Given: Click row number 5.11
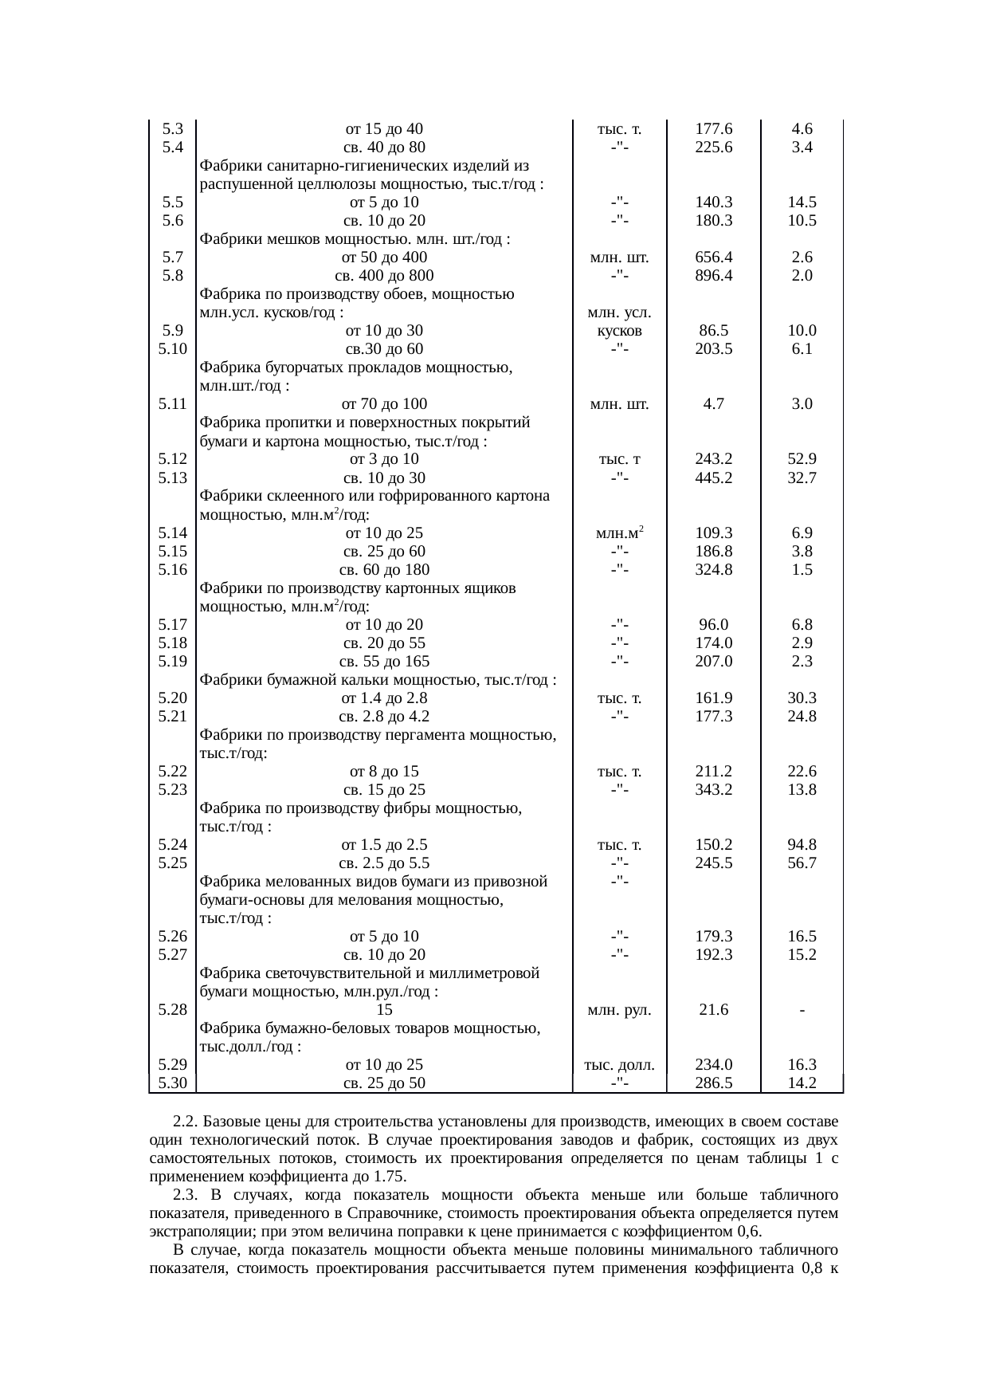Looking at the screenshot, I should pos(172,404).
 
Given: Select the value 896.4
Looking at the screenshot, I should pos(713,276).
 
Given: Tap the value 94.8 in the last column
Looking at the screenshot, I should pos(802,845).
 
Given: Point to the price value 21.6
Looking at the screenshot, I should pos(713,1010).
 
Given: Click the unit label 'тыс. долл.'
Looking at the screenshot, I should pos(619,1065).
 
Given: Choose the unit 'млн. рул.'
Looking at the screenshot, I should pos(619,1010).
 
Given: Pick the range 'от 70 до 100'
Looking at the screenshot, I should pos(383,404).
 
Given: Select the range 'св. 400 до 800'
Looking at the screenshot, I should pos(383,276).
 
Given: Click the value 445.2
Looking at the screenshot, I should pos(713,477).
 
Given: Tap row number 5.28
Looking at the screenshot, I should pos(172,1010).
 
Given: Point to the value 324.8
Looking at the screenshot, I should pos(713,569).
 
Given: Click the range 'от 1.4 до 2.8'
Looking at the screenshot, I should pos(383,698).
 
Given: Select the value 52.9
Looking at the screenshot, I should pos(802,459).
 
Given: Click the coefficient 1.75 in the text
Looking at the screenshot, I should pos(390,1177).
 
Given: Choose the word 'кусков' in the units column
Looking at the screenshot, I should pos(619,331).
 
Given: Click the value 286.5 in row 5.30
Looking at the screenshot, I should pos(713,1083).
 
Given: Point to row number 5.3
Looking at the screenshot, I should pos(172,129).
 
